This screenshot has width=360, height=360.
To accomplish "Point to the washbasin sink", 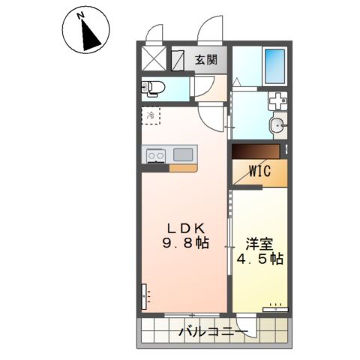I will tap(276, 125).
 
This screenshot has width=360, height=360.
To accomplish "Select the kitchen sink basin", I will tap(184, 154).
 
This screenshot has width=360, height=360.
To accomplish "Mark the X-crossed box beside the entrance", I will tap(154, 58).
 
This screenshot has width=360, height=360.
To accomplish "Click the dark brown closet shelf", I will tap(255, 151).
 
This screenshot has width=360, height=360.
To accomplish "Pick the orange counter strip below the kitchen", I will tap(184, 167).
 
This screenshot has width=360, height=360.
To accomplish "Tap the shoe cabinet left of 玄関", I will tap(178, 59).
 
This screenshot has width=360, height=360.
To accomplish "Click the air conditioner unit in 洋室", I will tap(274, 305).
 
